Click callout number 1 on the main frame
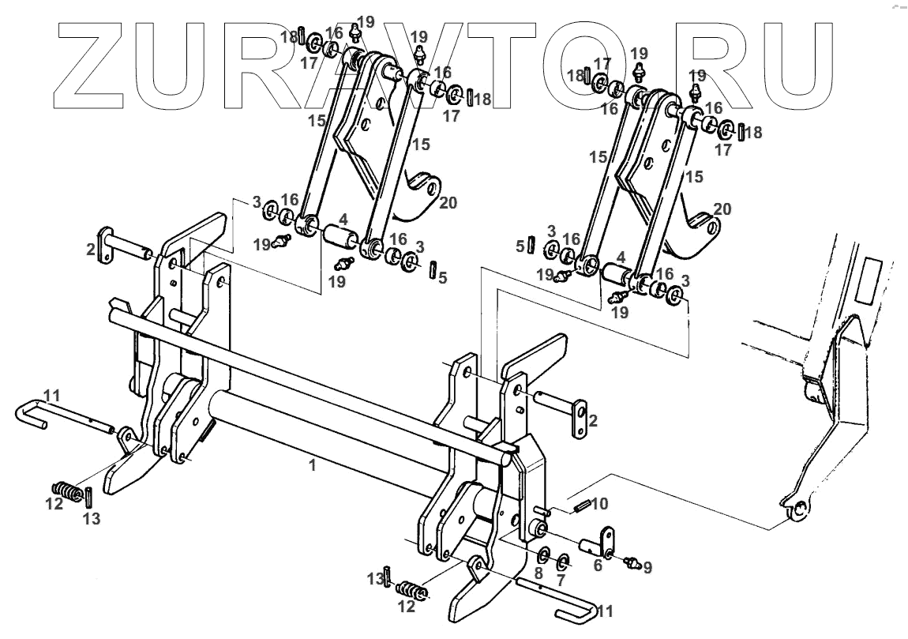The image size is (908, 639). pos(313,466)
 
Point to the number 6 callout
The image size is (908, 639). pos(598,566)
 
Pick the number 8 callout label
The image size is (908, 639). pos(538,574)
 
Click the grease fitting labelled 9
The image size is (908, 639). pos(630,563)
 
